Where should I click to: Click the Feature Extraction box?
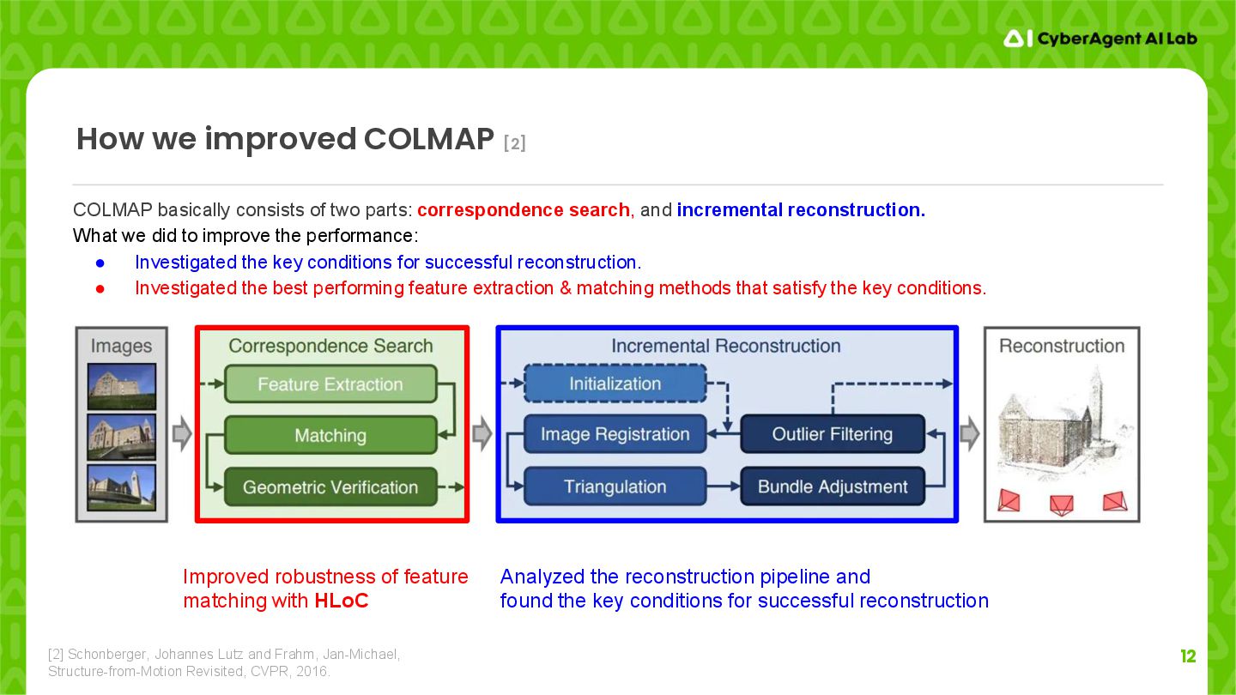click(330, 384)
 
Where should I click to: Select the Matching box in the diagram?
click(330, 436)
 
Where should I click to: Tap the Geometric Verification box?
click(330, 487)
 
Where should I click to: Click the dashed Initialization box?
click(615, 384)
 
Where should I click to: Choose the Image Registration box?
click(615, 435)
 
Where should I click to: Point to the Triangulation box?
click(615, 486)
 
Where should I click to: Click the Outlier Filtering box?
click(832, 434)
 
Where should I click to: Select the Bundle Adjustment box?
click(832, 486)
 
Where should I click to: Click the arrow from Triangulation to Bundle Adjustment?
click(724, 486)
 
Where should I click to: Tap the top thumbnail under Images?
click(122, 386)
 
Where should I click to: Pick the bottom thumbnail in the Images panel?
click(122, 487)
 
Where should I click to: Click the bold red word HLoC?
click(341, 601)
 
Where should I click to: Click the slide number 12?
click(1188, 656)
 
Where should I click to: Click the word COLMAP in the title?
click(428, 139)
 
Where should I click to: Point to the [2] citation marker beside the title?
click(514, 143)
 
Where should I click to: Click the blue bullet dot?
click(100, 263)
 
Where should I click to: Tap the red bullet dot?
click(100, 288)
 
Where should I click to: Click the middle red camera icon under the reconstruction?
click(1062, 504)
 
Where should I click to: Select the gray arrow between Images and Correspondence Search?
click(182, 435)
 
